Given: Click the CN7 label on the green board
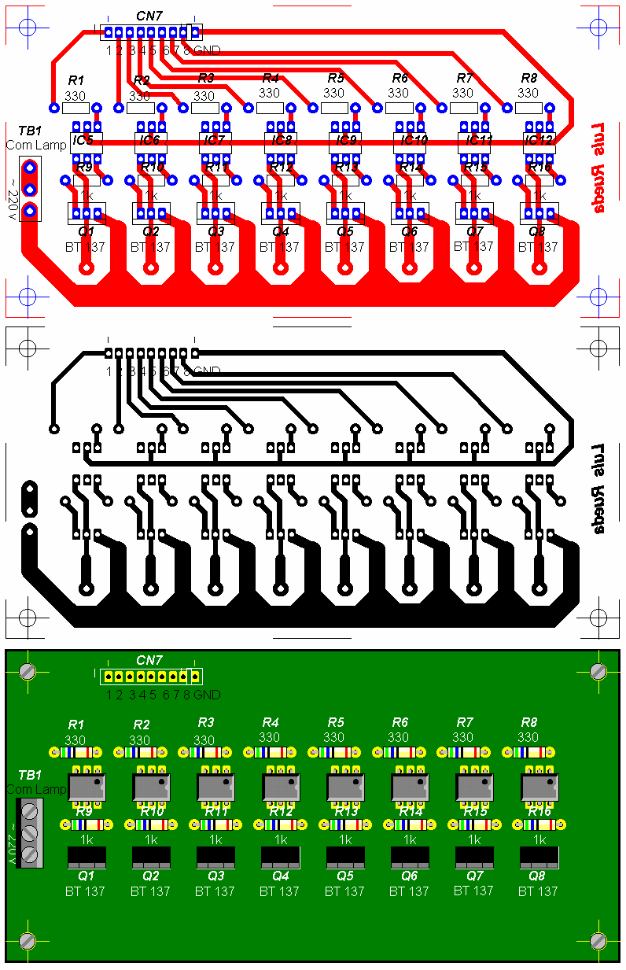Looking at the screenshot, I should pyautogui.click(x=149, y=660).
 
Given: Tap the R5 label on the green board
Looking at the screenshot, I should pyautogui.click(x=336, y=723).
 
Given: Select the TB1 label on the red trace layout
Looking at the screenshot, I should pyautogui.click(x=30, y=131).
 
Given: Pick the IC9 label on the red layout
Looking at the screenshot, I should pyautogui.click(x=346, y=140).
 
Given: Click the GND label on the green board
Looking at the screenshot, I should pyautogui.click(x=207, y=695).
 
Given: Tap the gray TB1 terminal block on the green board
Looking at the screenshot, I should pyautogui.click(x=29, y=832).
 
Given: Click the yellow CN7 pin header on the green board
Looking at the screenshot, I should pyautogui.click(x=150, y=676).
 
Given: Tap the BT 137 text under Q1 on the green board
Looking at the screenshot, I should pyautogui.click(x=86, y=891).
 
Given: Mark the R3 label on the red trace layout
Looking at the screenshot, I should pyautogui.click(x=206, y=78).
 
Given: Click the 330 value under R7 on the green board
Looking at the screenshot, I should pyautogui.click(x=463, y=737).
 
